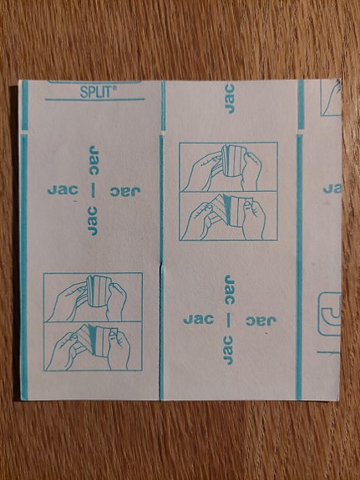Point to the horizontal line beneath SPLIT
coord(94,99)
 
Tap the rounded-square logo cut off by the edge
coord(330,314)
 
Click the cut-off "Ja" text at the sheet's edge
coord(332,189)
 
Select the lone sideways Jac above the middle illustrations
coord(229,99)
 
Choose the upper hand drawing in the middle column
coord(229,167)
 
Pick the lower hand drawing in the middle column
coord(229,216)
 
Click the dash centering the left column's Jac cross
coord(94,191)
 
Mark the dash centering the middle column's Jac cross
coord(229,321)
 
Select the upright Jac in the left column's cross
coord(63,190)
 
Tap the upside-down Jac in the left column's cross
coord(125,192)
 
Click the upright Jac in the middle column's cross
coord(199,320)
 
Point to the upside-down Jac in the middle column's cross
coord(261,321)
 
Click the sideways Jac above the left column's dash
coord(94,160)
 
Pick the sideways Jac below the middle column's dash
coord(228,351)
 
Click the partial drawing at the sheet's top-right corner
coord(331,98)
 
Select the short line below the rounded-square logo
coord(328,352)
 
